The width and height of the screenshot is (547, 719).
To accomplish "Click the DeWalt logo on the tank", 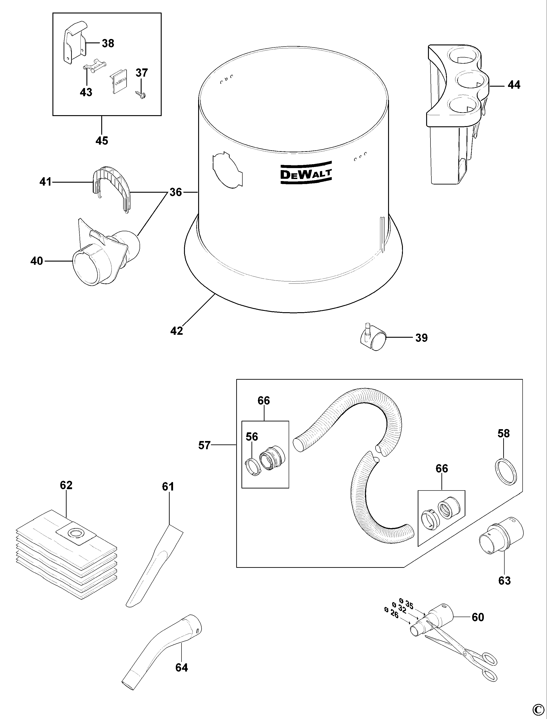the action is pyautogui.click(x=306, y=173).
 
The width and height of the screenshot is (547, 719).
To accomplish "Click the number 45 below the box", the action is pyautogui.click(x=102, y=141).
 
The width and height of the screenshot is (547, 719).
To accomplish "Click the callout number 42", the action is pyautogui.click(x=176, y=331).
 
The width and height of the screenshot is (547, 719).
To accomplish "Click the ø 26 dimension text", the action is pyautogui.click(x=391, y=613).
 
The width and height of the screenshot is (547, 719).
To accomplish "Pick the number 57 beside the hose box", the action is pyautogui.click(x=205, y=445).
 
